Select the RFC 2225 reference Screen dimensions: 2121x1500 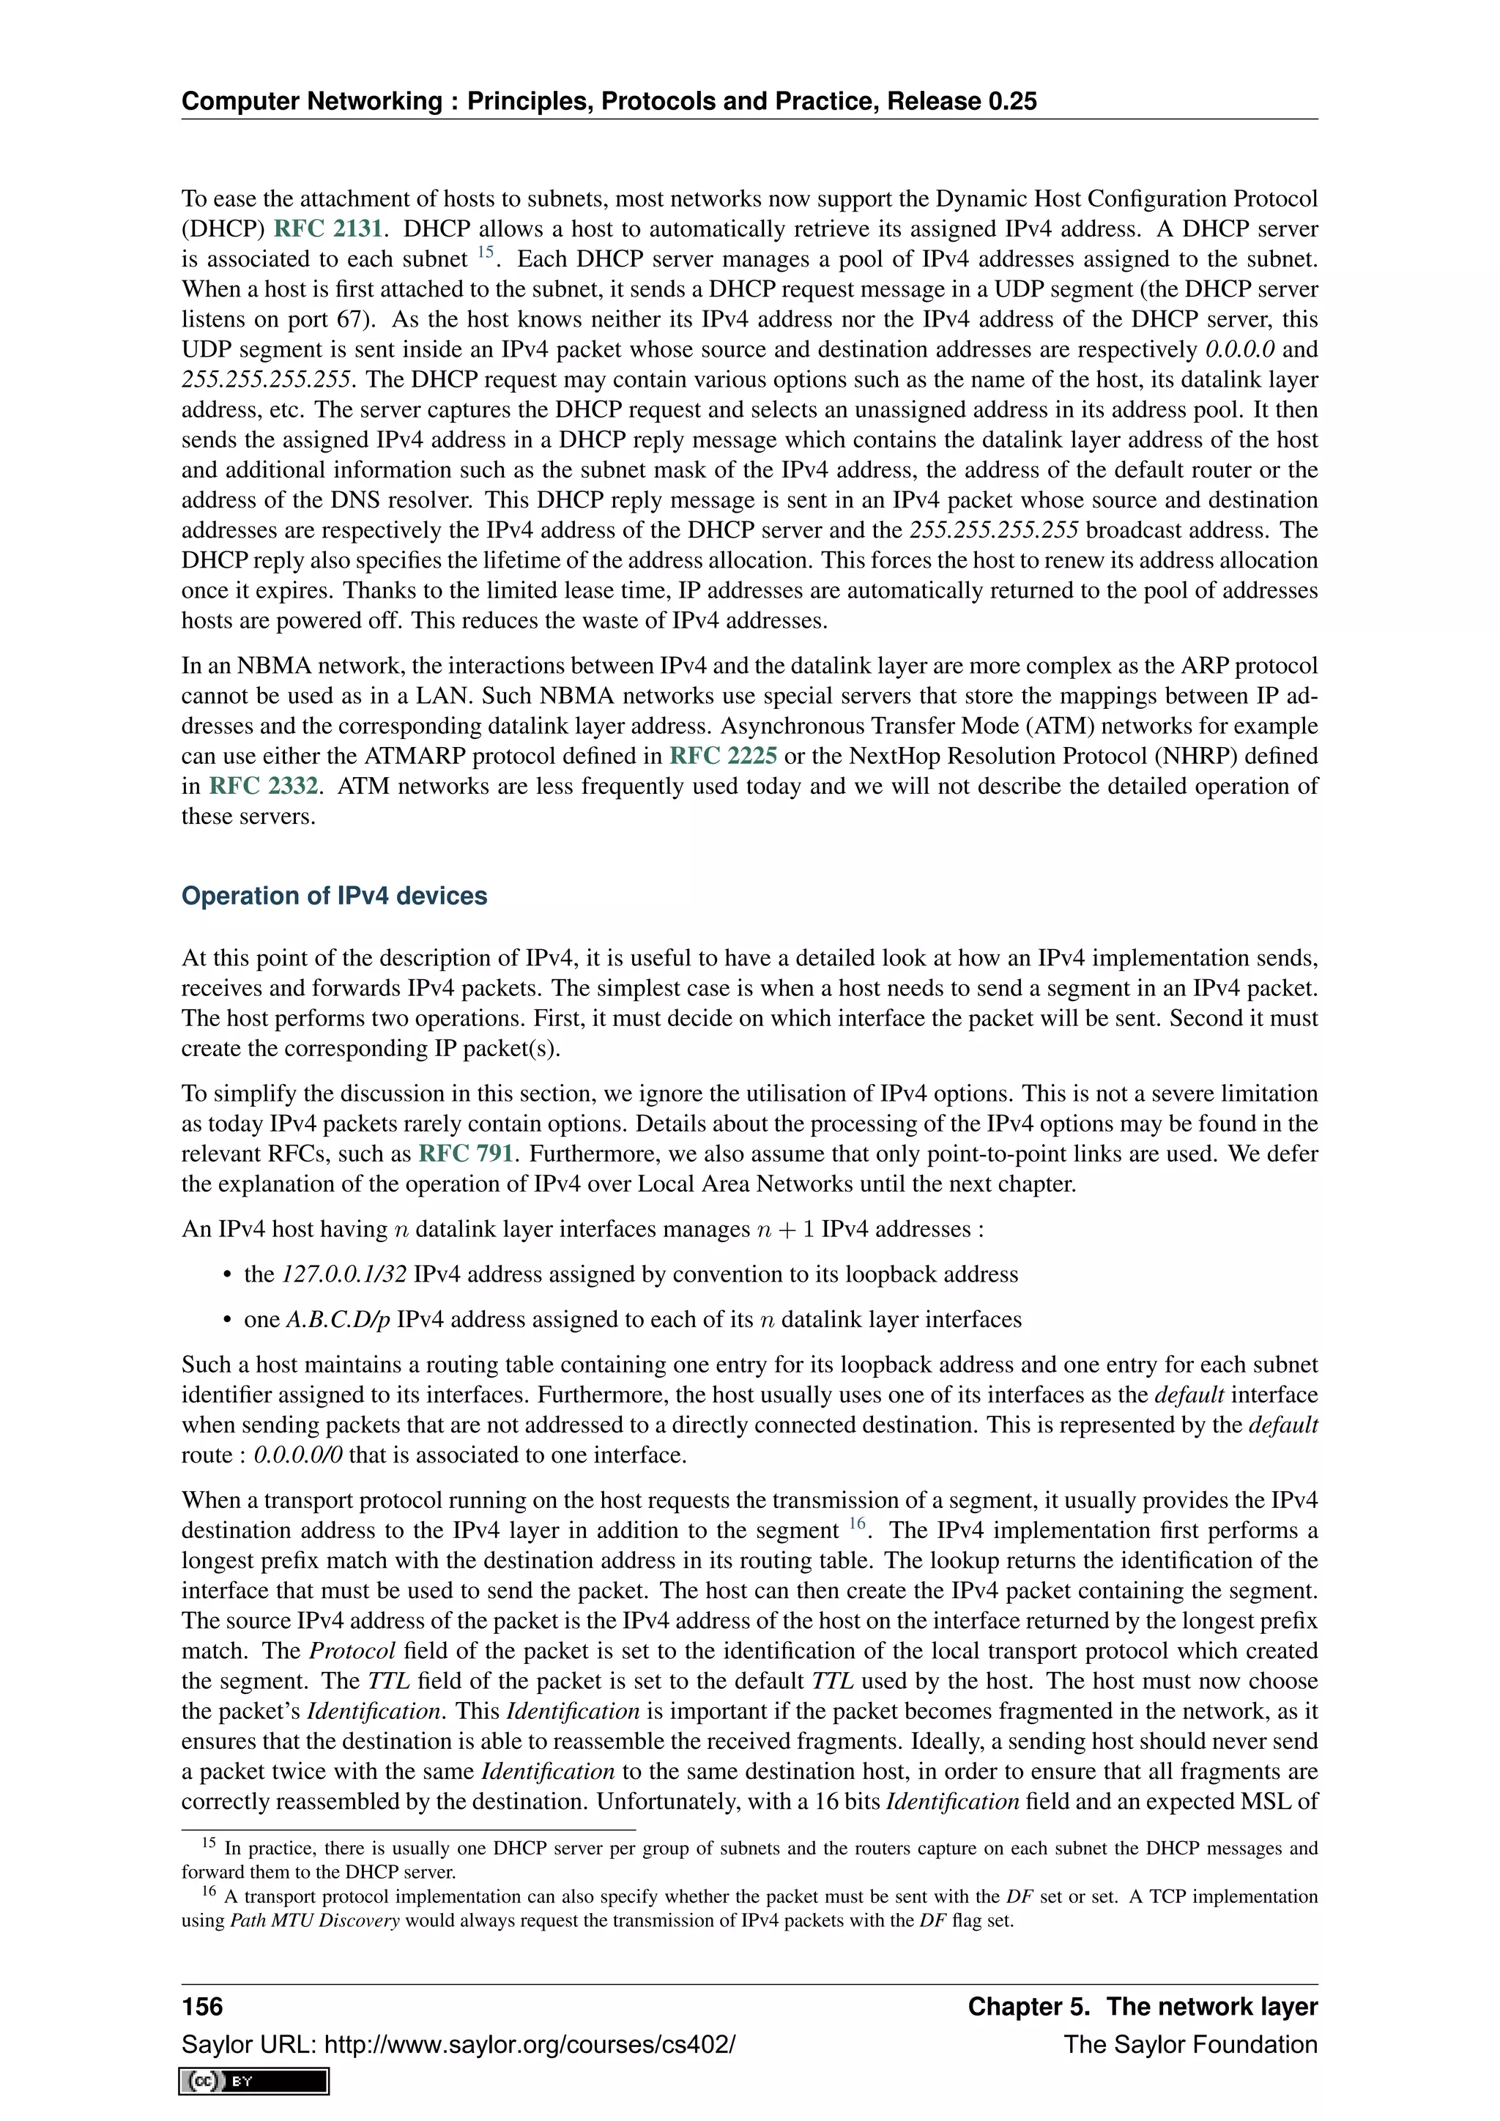(722, 756)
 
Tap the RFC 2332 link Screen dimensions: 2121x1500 (263, 786)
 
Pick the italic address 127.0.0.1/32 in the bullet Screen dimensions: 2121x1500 (344, 1275)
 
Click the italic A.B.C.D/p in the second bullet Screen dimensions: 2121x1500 (338, 1320)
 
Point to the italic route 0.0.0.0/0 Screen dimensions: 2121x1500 (297, 1455)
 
